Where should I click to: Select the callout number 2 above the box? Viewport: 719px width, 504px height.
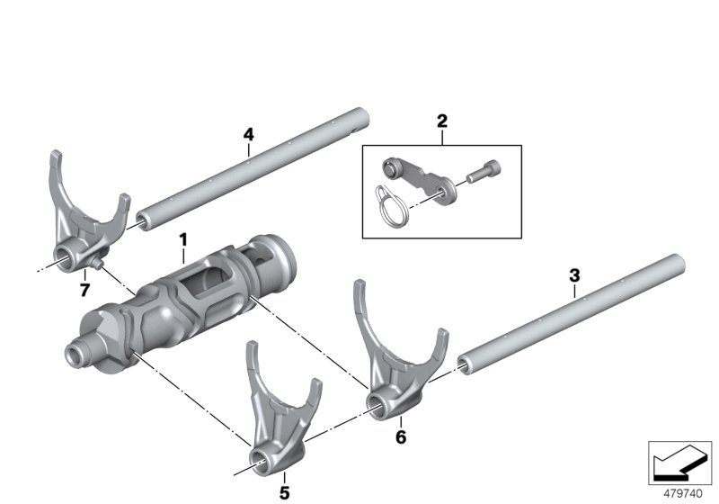441,121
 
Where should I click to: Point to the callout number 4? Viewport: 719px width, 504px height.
249,134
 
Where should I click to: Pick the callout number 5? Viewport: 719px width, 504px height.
284,491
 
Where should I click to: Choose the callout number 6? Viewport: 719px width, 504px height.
401,437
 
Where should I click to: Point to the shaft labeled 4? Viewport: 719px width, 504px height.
252,168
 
